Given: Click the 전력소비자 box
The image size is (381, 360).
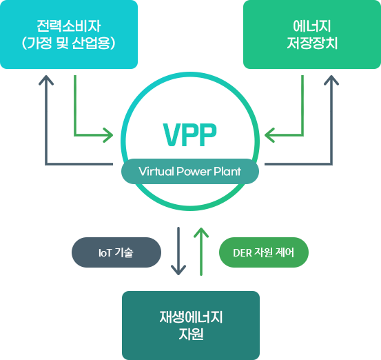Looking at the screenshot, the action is [x=69, y=34].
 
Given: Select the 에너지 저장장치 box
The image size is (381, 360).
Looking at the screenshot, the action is [x=312, y=34].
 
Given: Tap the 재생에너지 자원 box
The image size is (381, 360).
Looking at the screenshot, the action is [x=191, y=326].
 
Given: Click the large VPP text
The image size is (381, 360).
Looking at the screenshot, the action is [x=189, y=134].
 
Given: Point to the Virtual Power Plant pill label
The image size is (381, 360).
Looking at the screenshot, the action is [x=190, y=172].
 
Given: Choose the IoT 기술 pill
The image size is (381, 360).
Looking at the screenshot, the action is [x=116, y=252].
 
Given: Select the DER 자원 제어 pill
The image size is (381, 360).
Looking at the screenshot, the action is [x=264, y=252].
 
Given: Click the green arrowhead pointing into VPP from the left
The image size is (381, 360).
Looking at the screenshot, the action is [x=109, y=135].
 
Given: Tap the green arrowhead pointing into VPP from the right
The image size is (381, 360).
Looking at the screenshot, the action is [x=269, y=135].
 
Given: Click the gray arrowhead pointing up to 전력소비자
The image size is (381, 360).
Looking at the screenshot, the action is [x=46, y=80].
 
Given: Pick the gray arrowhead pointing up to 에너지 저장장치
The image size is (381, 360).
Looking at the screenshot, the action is [x=331, y=80].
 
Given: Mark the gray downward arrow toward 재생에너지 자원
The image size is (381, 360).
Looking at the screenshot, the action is [x=178, y=251].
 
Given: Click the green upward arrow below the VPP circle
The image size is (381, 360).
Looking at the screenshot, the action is [x=201, y=252].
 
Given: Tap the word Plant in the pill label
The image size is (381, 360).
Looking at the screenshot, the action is [x=227, y=172].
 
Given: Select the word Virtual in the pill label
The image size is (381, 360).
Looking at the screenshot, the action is [x=156, y=172].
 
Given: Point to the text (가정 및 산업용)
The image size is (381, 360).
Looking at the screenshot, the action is [x=69, y=43].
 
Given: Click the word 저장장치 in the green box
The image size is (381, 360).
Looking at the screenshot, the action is [x=312, y=43].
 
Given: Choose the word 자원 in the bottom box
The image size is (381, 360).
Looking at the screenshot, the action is [x=191, y=334].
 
